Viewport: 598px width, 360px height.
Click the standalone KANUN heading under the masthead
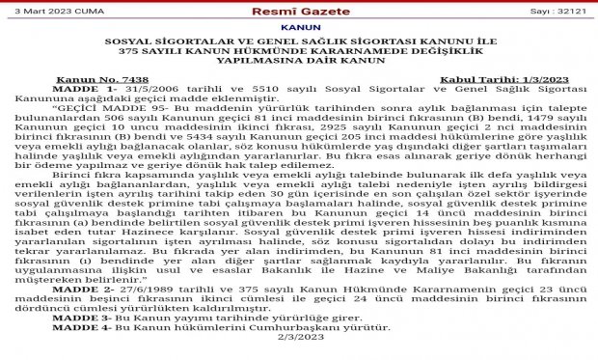click(x=299, y=28)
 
